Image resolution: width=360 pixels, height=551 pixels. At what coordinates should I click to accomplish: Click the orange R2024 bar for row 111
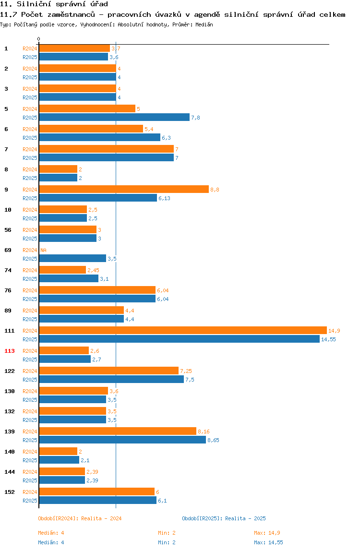(183, 330)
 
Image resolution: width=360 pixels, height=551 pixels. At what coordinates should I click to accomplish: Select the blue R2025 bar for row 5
(114, 118)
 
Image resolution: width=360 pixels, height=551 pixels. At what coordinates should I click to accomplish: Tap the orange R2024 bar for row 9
(124, 189)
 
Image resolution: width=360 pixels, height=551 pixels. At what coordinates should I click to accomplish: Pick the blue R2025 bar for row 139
(122, 440)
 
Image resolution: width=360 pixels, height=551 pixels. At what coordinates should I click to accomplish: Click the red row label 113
(10, 351)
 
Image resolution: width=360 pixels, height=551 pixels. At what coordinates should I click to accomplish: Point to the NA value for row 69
(43, 250)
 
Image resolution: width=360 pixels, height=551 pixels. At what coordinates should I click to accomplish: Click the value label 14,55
(328, 339)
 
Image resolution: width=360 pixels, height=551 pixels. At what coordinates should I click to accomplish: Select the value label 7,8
(195, 118)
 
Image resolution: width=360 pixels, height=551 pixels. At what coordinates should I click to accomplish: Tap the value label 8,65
(213, 440)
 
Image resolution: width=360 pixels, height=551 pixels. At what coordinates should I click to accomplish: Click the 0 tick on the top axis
(39, 39)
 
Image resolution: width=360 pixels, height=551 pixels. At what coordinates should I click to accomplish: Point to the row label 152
(10, 492)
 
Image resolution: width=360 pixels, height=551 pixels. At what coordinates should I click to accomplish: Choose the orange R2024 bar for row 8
(58, 169)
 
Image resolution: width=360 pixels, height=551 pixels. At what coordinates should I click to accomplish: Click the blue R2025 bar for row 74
(69, 278)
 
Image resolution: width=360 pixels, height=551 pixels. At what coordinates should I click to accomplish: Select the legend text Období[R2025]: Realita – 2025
(224, 518)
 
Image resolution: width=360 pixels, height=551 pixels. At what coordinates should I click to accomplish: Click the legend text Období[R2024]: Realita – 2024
(80, 518)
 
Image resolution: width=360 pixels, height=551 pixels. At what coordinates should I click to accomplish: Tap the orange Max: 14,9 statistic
(267, 533)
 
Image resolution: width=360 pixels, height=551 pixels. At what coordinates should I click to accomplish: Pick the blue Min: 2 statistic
(167, 542)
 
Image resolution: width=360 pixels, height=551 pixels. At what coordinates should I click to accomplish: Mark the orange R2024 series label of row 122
(30, 371)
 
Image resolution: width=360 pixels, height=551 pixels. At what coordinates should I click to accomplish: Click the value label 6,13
(164, 199)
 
